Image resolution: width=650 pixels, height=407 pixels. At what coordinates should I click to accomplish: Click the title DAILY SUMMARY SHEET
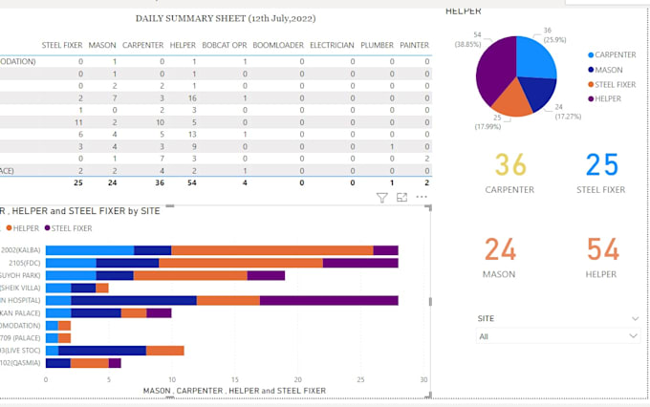pos(225,18)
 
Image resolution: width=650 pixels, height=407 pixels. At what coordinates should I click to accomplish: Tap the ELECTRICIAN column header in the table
pos(331,45)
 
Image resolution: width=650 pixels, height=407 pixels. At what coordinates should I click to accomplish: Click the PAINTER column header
pos(414,45)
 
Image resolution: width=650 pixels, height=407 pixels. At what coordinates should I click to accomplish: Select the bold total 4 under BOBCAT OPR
pos(245,182)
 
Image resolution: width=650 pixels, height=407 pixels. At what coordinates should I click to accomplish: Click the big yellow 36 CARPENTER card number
pos(510,166)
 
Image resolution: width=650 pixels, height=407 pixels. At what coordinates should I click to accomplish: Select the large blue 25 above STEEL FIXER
pos(602,166)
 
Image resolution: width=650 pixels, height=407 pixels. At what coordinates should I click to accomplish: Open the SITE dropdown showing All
pos(558,336)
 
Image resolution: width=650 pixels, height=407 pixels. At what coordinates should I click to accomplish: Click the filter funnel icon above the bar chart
pos(381,198)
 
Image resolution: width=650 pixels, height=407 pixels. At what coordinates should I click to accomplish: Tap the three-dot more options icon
pos(422,198)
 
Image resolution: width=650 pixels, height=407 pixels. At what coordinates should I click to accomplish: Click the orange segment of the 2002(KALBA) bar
pos(271,250)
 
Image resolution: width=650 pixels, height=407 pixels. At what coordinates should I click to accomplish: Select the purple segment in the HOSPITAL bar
pos(329,300)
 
